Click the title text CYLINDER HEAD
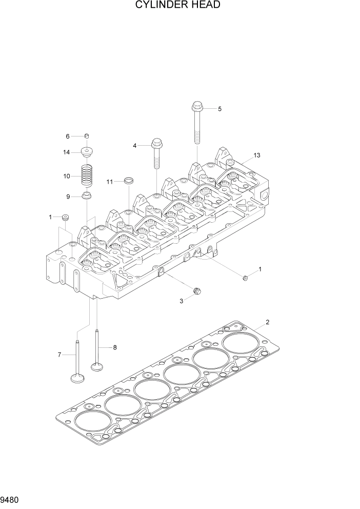pyautogui.click(x=178, y=6)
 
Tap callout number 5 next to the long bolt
pyautogui.click(x=219, y=109)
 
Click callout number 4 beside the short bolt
pyautogui.click(x=135, y=146)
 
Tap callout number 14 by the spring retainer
pyautogui.click(x=67, y=152)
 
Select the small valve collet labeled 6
pyautogui.click(x=87, y=135)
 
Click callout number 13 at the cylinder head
pyautogui.click(x=257, y=155)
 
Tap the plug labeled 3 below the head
pyautogui.click(x=196, y=292)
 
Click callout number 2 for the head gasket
pyautogui.click(x=267, y=322)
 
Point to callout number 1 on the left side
pyautogui.click(x=51, y=217)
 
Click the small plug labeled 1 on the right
pyautogui.click(x=245, y=278)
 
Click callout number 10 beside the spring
pyautogui.click(x=67, y=176)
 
